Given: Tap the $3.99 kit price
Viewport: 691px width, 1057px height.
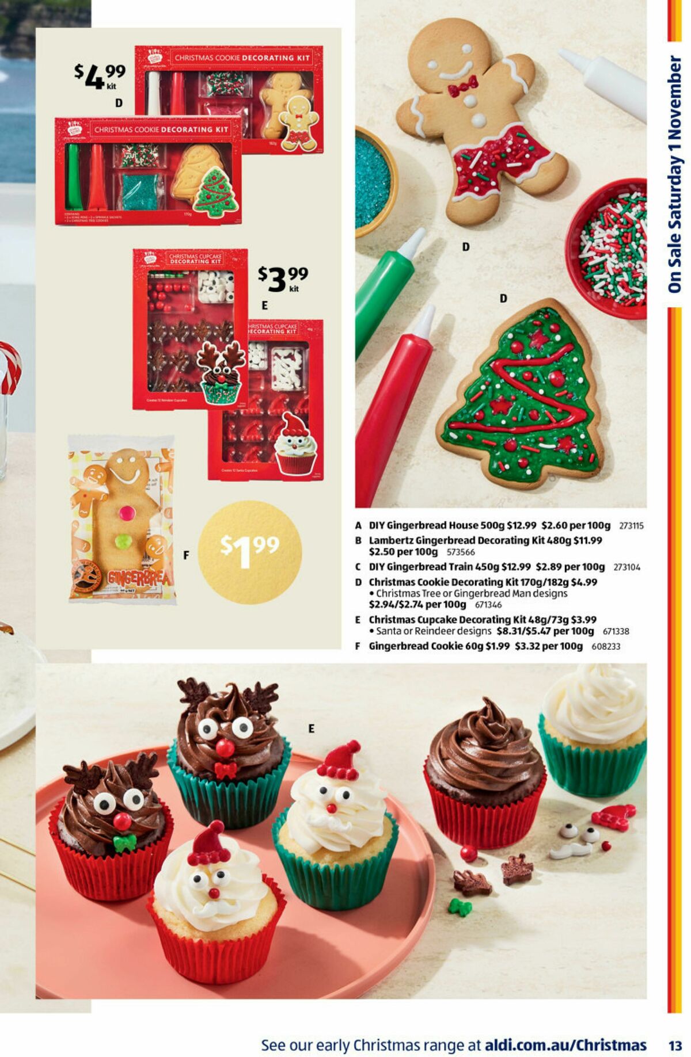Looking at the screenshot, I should pos(283,278).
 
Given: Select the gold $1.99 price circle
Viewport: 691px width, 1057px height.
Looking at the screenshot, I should pos(250,552).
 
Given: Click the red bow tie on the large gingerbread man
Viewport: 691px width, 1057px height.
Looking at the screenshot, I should pos(463,86).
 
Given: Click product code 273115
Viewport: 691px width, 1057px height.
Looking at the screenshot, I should pos(631,526).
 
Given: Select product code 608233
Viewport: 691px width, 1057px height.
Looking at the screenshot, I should pos(606,646).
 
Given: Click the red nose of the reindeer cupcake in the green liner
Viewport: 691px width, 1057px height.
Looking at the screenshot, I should pos(225,748).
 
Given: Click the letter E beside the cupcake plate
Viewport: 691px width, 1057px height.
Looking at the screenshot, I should pos(312,728).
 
